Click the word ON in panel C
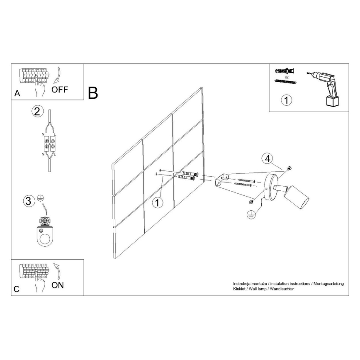[x=58, y=285]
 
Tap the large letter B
[x=93, y=93]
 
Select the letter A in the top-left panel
[x=17, y=94]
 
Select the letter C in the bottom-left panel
[x=17, y=289]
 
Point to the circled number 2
[x=37, y=111]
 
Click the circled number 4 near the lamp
[x=268, y=158]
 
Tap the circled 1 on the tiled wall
[x=157, y=202]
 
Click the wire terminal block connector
[x=49, y=144]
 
